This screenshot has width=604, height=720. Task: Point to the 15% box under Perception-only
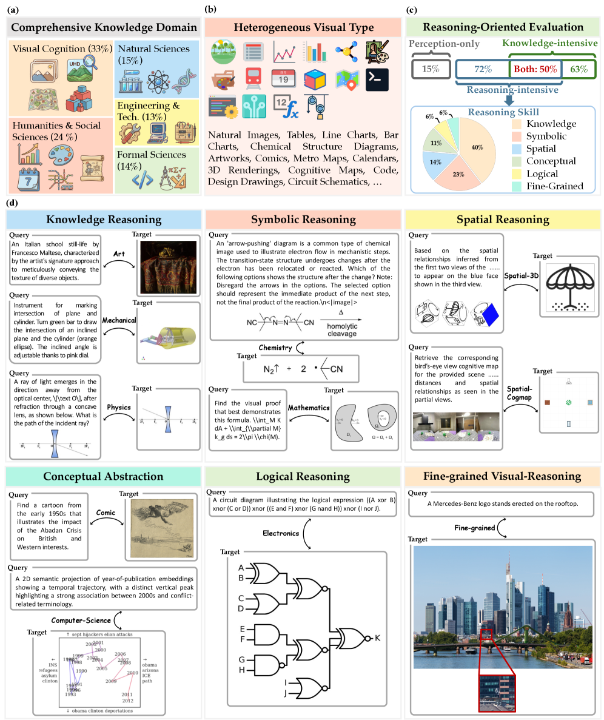coord(431,69)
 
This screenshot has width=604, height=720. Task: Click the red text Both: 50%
coord(535,69)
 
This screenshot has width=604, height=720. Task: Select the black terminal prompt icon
coord(377,79)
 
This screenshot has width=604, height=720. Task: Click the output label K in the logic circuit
coord(377,638)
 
